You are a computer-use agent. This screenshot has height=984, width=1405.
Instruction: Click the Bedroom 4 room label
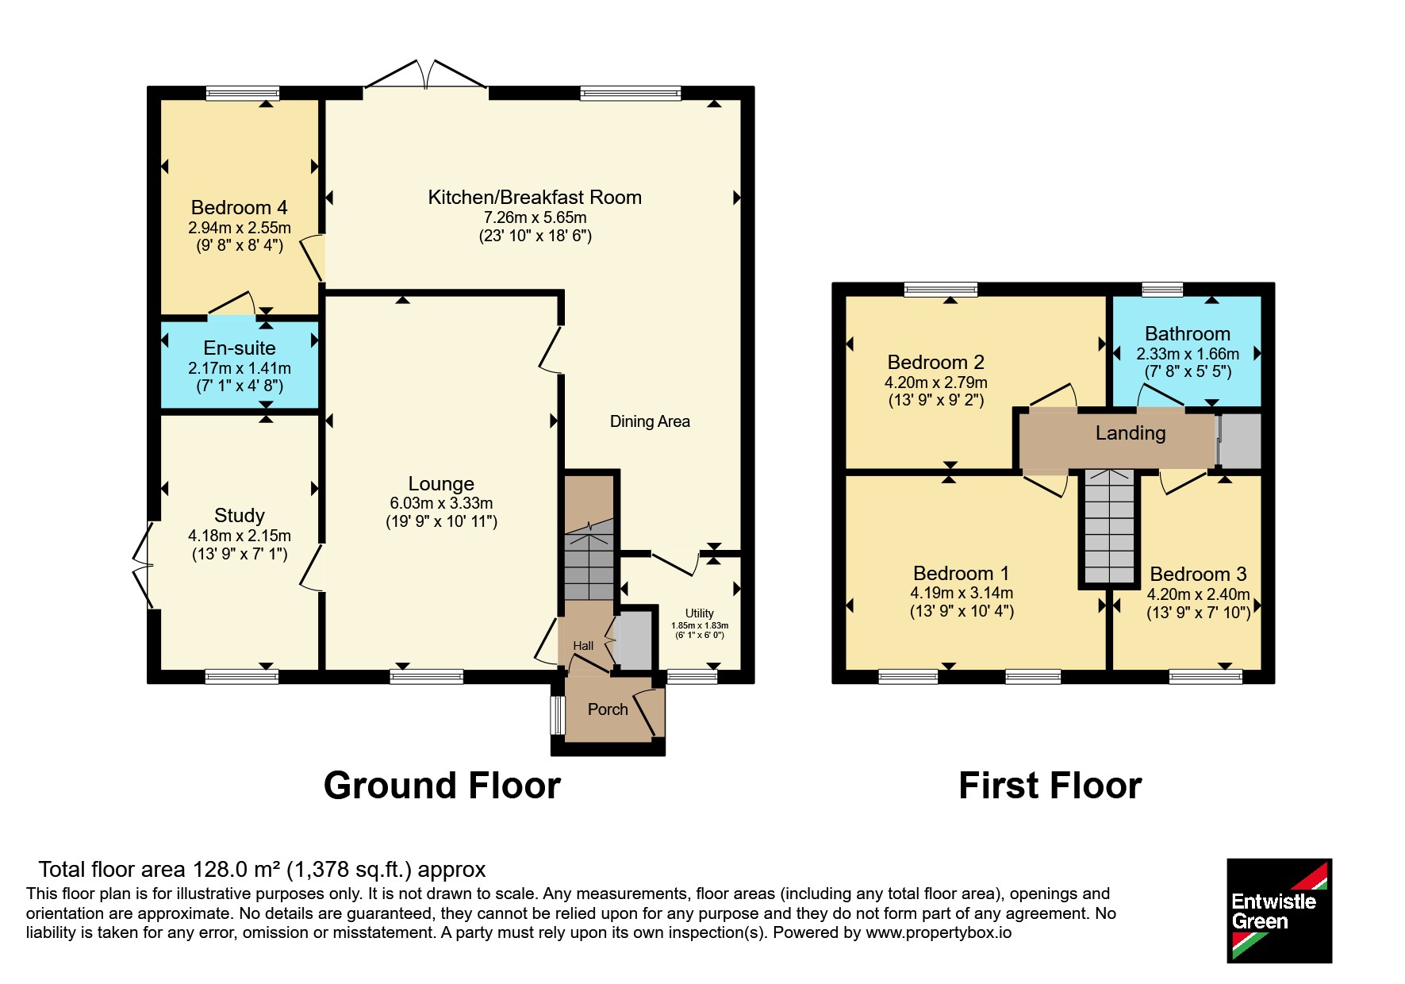[239, 208]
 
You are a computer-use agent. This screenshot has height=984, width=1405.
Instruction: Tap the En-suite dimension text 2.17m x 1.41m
[240, 368]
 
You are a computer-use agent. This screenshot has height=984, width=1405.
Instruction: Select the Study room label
[240, 516]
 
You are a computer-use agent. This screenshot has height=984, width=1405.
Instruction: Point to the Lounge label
[441, 484]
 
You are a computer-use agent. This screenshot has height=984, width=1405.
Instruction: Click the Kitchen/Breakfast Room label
[535, 198]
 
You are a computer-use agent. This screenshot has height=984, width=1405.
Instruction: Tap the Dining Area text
[650, 421]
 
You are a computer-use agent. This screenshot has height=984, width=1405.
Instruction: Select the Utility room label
[700, 613]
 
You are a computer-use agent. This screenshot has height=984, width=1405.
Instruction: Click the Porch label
[608, 709]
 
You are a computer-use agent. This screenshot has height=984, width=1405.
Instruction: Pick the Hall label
[583, 646]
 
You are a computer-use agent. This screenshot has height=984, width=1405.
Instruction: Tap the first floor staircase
[1109, 526]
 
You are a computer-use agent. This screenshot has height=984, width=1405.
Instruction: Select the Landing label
[1131, 433]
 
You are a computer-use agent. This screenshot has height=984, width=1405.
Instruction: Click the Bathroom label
[1188, 334]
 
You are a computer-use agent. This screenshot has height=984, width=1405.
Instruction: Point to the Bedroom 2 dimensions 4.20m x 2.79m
[936, 382]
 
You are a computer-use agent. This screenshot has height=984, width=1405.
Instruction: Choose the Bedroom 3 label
[1198, 574]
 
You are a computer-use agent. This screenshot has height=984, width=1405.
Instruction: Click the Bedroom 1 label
[962, 573]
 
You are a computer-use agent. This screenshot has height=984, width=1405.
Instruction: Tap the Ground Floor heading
[442, 786]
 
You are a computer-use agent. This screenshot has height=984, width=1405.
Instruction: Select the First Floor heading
[1050, 786]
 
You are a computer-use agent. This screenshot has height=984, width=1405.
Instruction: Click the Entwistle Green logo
[1279, 910]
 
